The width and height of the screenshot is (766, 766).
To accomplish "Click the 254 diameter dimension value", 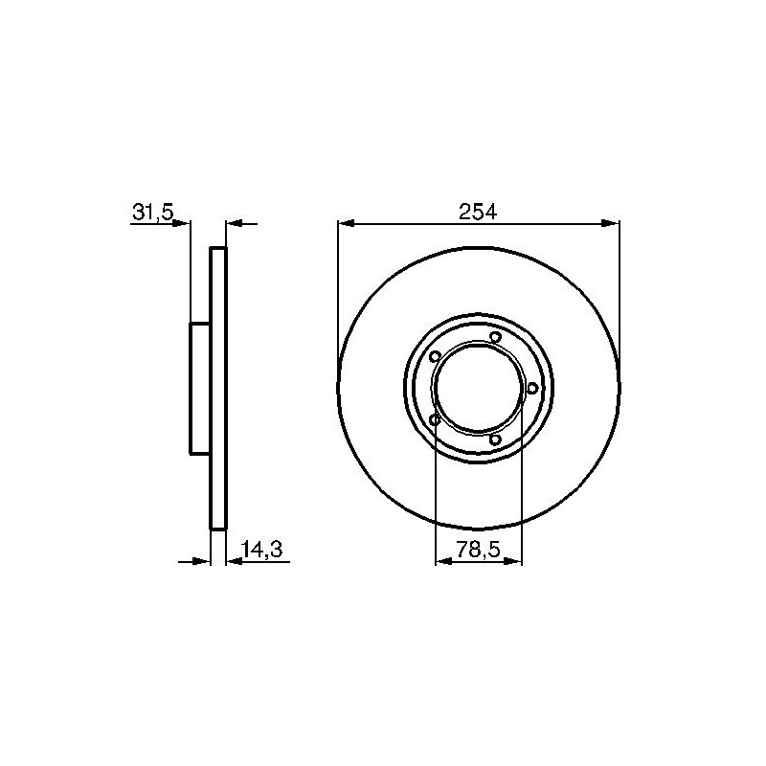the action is point(478,212).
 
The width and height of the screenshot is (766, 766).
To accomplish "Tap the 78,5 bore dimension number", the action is point(478,550).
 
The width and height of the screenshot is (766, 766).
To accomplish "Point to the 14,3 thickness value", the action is point(261,550).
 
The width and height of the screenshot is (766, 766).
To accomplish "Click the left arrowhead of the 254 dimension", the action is point(346,223).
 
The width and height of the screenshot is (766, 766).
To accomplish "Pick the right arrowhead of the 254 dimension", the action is point(611,223).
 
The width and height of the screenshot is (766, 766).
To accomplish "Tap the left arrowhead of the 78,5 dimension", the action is point(442,561).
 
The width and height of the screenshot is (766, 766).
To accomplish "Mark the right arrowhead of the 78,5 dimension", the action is point(514,561).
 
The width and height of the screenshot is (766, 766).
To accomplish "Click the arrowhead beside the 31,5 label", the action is point(182,223).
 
